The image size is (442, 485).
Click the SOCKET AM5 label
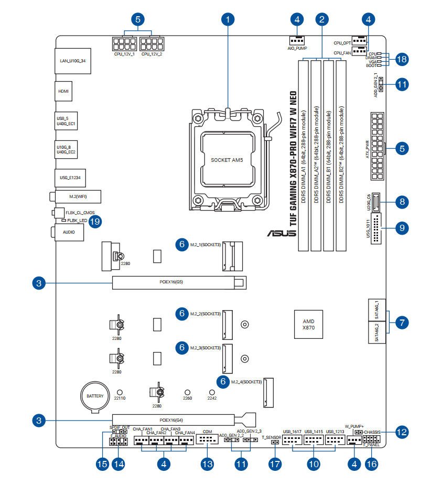tap(227, 160)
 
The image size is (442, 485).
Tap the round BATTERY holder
tap(95, 396)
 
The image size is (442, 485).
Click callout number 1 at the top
tap(228, 20)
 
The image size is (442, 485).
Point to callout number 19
tap(94, 222)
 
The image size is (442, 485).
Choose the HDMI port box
tap(63, 91)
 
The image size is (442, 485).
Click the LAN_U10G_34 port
tap(72, 61)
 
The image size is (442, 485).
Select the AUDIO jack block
tap(69, 231)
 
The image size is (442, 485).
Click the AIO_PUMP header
tap(297, 40)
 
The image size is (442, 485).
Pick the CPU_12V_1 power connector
tap(124, 42)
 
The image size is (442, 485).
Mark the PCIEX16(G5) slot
tap(179, 283)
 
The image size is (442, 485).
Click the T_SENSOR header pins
tap(274, 443)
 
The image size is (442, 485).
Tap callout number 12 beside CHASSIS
tap(402, 432)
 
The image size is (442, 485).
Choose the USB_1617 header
tap(292, 440)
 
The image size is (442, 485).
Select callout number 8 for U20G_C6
tap(402, 202)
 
